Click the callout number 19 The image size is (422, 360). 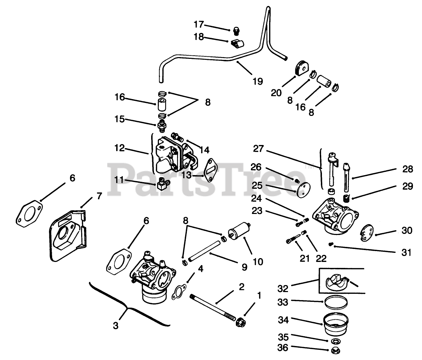[x=258, y=81]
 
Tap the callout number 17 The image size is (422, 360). [x=199, y=25]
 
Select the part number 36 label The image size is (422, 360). [x=283, y=347]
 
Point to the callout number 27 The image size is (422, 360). [x=259, y=148]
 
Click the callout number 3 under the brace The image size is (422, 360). [x=115, y=326]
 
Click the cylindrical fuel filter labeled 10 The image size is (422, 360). [x=239, y=229]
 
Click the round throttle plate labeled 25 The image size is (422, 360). [x=303, y=189]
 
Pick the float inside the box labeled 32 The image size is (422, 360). [x=335, y=282]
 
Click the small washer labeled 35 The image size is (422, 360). [x=335, y=341]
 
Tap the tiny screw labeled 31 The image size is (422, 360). [x=331, y=244]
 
